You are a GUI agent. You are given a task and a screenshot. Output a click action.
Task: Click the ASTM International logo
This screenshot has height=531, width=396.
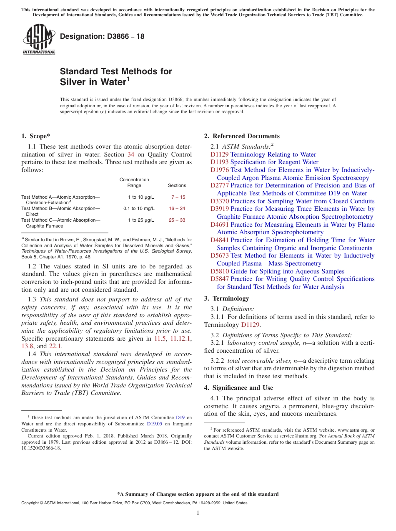(39, 40)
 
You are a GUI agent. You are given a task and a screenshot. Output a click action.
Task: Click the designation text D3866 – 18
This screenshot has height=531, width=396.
(102, 37)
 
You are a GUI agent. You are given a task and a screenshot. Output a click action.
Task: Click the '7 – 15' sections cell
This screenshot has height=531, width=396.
(178, 197)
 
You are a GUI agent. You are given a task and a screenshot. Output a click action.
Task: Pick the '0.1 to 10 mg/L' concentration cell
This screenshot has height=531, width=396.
(139, 208)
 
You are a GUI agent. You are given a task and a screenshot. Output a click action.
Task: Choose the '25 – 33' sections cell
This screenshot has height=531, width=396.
(177, 220)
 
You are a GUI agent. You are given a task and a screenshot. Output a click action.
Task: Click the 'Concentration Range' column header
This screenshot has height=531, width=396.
(134, 182)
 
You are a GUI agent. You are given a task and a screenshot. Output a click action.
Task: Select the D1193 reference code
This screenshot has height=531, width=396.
(219, 162)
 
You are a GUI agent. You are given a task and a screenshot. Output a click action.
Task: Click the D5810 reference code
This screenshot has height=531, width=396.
(219, 271)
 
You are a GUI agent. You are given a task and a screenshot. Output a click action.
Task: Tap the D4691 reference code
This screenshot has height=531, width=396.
(219, 225)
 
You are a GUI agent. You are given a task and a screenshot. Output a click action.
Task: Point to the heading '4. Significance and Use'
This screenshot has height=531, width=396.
(238, 388)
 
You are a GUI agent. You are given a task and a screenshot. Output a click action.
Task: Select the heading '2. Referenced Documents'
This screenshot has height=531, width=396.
(242, 136)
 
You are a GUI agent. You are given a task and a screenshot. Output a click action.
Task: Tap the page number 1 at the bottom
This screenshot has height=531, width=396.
(198, 513)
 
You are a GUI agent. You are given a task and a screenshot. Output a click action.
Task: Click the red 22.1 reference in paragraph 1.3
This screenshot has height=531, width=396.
(55, 346)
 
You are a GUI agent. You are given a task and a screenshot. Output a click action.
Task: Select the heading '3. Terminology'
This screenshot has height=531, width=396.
(226, 298)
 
